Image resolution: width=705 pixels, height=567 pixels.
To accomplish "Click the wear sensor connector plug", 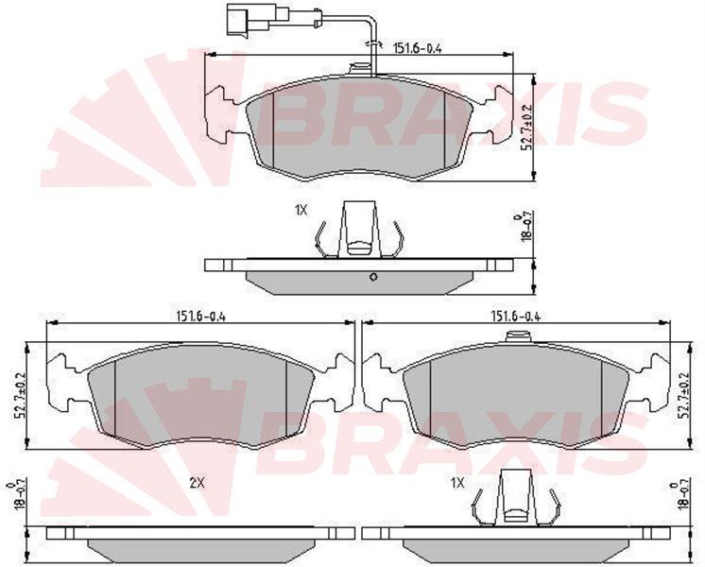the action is click(x=251, y=20).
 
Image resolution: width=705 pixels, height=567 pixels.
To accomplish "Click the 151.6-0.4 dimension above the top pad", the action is click(x=418, y=47).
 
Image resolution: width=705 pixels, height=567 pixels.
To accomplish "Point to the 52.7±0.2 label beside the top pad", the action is click(x=528, y=129).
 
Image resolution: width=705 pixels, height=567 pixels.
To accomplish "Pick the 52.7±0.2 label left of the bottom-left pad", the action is click(x=20, y=396).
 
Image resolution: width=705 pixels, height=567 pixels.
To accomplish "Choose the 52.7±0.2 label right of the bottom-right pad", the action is click(x=685, y=396).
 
